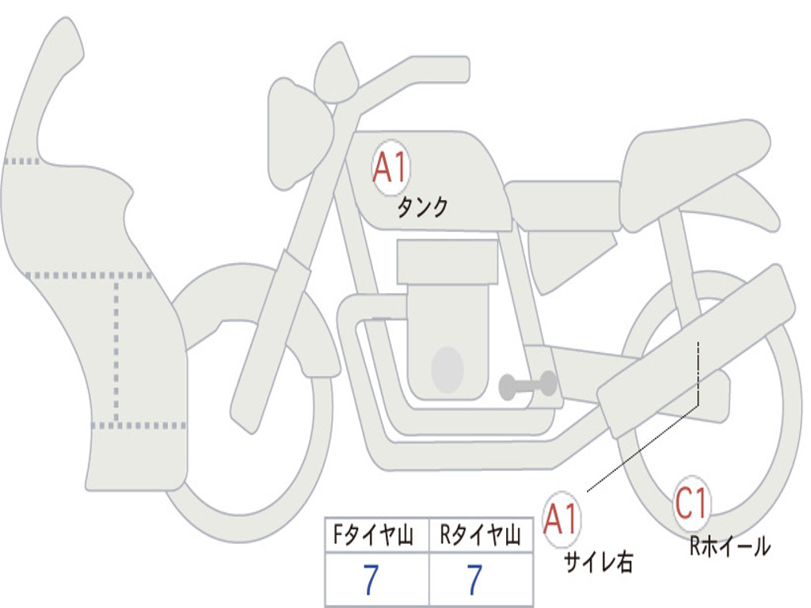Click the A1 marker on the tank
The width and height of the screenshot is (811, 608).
pos(390,169)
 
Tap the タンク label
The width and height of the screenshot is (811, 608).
pos(422,207)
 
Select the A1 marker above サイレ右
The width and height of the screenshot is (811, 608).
pos(562,519)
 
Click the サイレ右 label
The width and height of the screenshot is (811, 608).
pos(598,562)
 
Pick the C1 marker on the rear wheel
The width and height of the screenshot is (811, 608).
pos(692,503)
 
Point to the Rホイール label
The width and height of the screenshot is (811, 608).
pos(729,546)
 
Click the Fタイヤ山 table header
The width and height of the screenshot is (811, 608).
pos(372,537)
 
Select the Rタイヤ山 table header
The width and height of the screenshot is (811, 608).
pos(480,537)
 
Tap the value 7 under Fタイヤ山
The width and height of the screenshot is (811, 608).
pos(371,580)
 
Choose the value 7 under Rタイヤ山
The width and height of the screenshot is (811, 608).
pos(474,580)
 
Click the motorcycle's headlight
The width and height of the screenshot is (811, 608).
pos(298,131)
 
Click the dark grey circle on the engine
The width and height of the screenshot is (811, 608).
pos(447,370)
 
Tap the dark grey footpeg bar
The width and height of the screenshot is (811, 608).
pos(527,386)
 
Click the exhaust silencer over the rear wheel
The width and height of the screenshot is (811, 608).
pos(697,348)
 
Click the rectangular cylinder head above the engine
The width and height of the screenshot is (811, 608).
pos(447,262)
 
